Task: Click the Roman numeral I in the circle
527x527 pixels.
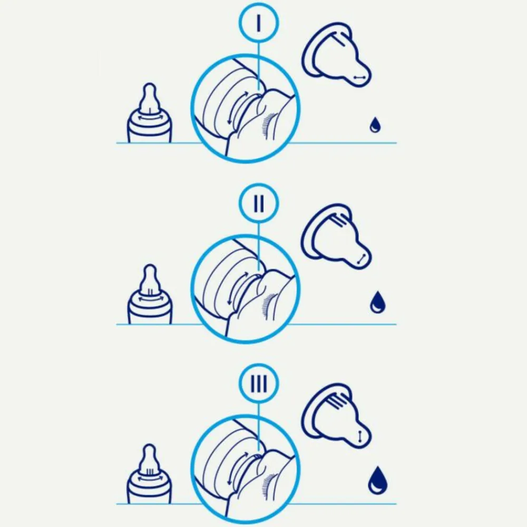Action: point(258,23)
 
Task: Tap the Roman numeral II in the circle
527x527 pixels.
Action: point(259,203)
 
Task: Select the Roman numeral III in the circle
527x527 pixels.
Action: point(259,384)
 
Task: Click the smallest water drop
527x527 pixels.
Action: point(375,125)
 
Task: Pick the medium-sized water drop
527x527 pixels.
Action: point(377,302)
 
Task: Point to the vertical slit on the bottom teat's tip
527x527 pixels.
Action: point(360,436)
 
